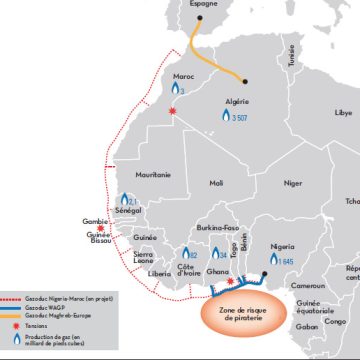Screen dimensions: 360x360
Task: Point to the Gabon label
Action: [307, 326]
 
